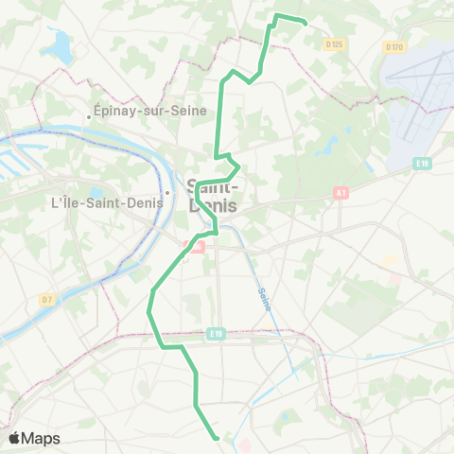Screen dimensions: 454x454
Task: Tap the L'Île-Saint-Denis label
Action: (107, 201)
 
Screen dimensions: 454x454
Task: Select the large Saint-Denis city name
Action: (213, 195)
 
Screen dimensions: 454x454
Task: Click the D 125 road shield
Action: (333, 44)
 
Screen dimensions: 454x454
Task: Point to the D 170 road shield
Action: (394, 46)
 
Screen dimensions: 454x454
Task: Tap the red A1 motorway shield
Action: (340, 193)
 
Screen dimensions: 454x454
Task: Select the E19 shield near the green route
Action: (217, 333)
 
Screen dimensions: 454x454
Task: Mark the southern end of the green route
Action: (218, 437)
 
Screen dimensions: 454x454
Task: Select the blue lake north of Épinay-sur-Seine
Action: (62, 43)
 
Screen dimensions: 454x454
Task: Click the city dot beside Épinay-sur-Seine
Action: (89, 117)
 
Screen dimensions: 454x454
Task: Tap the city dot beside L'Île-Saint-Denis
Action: (166, 194)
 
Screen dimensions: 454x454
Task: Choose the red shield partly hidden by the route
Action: (199, 246)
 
